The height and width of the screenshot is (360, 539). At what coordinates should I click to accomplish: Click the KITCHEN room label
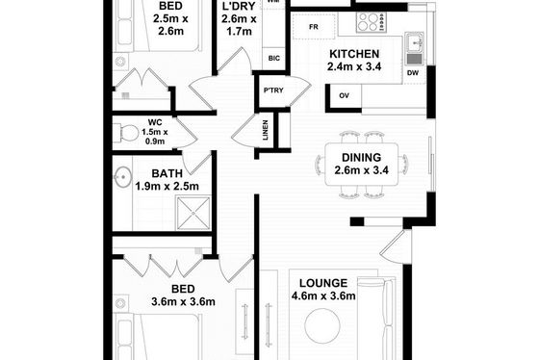point(354,54)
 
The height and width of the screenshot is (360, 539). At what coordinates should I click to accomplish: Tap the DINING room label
point(361,158)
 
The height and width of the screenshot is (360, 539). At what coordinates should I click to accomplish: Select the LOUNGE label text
point(323,283)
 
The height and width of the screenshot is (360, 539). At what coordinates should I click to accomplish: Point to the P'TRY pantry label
point(273,90)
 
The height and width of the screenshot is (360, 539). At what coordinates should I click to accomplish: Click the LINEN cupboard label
point(266,130)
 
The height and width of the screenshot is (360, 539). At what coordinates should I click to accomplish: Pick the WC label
point(155,122)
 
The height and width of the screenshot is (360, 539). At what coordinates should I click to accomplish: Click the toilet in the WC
point(126,133)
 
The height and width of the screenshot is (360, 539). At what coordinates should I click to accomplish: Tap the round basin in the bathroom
point(123,177)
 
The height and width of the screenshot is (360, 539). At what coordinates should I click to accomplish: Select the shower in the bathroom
point(193,213)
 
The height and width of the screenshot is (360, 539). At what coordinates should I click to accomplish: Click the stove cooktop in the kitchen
point(372,22)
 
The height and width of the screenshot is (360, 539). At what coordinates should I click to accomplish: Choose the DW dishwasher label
point(413,73)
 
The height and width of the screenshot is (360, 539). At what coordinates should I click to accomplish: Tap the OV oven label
point(345,95)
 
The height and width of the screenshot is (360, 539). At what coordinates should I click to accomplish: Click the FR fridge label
point(314,27)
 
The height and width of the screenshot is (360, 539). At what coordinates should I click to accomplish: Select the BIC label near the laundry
point(274,59)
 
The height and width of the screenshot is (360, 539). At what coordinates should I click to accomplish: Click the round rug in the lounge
point(322,325)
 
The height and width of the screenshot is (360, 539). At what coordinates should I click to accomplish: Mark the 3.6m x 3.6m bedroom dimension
point(183,301)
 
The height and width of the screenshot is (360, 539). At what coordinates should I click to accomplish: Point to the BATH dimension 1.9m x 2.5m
point(167,186)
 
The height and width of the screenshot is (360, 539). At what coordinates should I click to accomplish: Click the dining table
point(362,165)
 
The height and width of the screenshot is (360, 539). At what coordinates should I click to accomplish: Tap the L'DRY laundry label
point(239,6)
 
